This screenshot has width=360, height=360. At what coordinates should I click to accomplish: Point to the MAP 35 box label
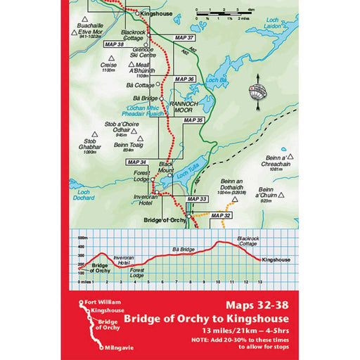[193, 121]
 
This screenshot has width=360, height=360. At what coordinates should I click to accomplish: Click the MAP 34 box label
[138, 162]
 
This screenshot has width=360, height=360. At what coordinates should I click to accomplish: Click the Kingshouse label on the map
[157, 13]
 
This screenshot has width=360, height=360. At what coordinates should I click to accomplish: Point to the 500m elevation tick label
[81, 237]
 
